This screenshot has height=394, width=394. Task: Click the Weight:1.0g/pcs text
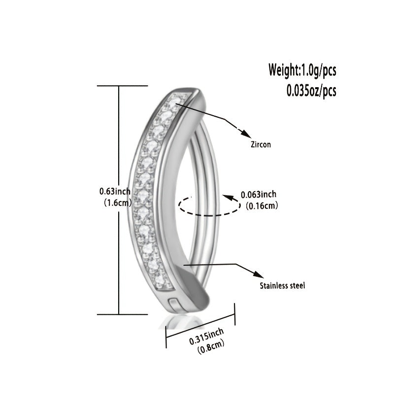coord(302,69)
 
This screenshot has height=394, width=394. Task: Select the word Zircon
coord(261,145)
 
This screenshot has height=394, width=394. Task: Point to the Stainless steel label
coord(282,285)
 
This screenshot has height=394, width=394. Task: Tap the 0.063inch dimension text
coord(259,194)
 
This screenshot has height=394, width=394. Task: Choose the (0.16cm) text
coord(261,206)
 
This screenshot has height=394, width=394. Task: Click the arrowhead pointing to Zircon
coord(243,132)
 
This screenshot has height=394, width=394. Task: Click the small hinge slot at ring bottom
coord(173,303)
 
